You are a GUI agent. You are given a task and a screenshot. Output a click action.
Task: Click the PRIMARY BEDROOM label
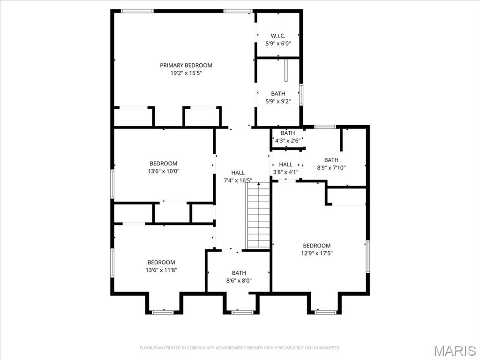[x=186, y=65]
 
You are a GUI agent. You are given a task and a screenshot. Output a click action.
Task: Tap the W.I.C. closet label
[x=278, y=36]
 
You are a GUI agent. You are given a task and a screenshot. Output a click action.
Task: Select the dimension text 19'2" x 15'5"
[x=186, y=73]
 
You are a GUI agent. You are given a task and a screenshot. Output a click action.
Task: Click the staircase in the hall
[x=258, y=216]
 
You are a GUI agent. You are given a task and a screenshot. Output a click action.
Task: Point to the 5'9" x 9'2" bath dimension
[x=278, y=101]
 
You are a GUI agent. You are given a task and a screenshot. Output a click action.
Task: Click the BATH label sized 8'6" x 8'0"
[x=239, y=273]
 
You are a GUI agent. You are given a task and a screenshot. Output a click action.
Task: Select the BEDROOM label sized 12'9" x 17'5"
[x=316, y=246]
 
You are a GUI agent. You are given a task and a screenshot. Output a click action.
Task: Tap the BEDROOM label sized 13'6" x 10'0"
[x=164, y=164]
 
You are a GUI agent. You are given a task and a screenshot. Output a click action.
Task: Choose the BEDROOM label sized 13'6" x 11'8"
[x=161, y=262]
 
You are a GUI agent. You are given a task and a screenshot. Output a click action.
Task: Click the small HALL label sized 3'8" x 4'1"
[x=285, y=165]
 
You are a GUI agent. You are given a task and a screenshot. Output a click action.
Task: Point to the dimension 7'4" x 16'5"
[x=238, y=180]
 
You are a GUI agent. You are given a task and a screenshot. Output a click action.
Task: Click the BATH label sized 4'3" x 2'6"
[x=288, y=133]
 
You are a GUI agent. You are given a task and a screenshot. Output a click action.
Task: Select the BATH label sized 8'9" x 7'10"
[x=331, y=160]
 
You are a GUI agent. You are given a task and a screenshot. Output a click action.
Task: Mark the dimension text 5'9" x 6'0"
[x=278, y=44]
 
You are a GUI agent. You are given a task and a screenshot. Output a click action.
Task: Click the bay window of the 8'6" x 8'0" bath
[x=242, y=312]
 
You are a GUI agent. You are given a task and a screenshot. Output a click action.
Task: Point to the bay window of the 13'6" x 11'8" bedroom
[x=163, y=312]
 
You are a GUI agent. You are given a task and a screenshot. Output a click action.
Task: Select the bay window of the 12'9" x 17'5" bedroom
[x=325, y=312]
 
